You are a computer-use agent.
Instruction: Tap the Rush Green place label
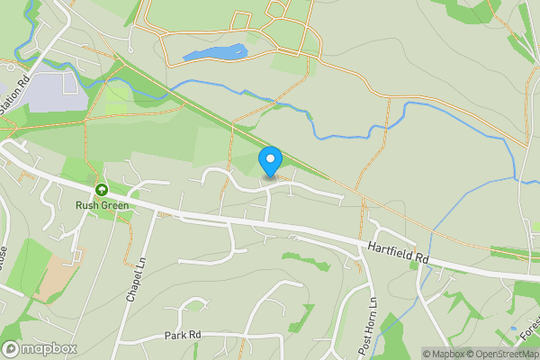click(102, 205)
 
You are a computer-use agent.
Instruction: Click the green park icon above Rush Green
click(102, 190)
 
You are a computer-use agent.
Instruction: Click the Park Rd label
click(182, 335)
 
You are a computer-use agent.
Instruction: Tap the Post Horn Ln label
click(366, 324)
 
